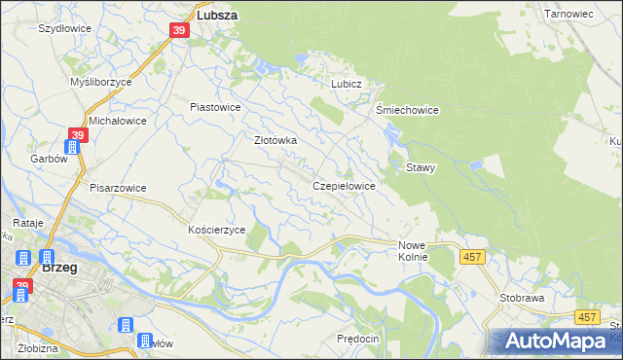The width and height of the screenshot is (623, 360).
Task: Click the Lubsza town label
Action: click(x=218, y=16)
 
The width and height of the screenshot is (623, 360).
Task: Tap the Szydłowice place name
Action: click(x=64, y=28)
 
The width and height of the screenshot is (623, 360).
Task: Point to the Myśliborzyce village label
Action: click(x=101, y=83)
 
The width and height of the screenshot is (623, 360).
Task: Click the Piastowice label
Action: click(x=214, y=107)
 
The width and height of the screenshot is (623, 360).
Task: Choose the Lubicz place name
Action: click(x=346, y=84)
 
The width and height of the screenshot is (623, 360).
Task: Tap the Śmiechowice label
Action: click(x=407, y=110)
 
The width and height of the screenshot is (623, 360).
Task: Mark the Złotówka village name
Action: click(x=275, y=140)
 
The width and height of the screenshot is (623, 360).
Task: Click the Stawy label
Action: click(x=421, y=167)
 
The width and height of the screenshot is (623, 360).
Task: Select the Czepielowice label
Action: click(x=344, y=185)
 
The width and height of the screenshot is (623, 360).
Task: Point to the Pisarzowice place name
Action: click(x=117, y=188)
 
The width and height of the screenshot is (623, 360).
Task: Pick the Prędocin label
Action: click(x=356, y=337)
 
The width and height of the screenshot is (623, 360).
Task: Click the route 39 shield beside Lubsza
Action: click(x=179, y=31)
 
